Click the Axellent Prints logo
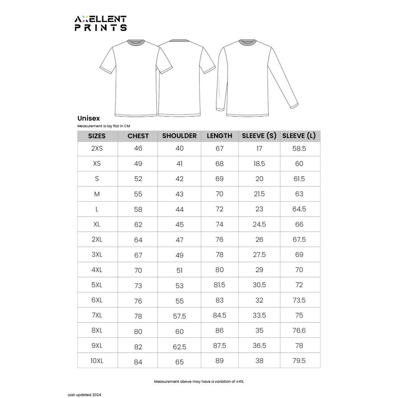[101, 23]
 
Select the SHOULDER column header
[179, 136]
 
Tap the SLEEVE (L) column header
[299, 136]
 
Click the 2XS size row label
[97, 148]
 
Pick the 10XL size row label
[97, 361]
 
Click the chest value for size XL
[138, 225]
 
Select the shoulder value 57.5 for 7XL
[179, 316]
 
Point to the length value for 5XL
[219, 285]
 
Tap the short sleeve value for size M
[259, 194]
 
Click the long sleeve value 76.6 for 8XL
[299, 331]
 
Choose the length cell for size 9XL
[219, 346]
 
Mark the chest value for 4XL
[138, 271]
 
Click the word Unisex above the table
[89, 118]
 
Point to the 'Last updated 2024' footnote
[84, 395]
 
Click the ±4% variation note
[199, 382]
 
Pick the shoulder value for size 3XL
[179, 255]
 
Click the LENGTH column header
[219, 136]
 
